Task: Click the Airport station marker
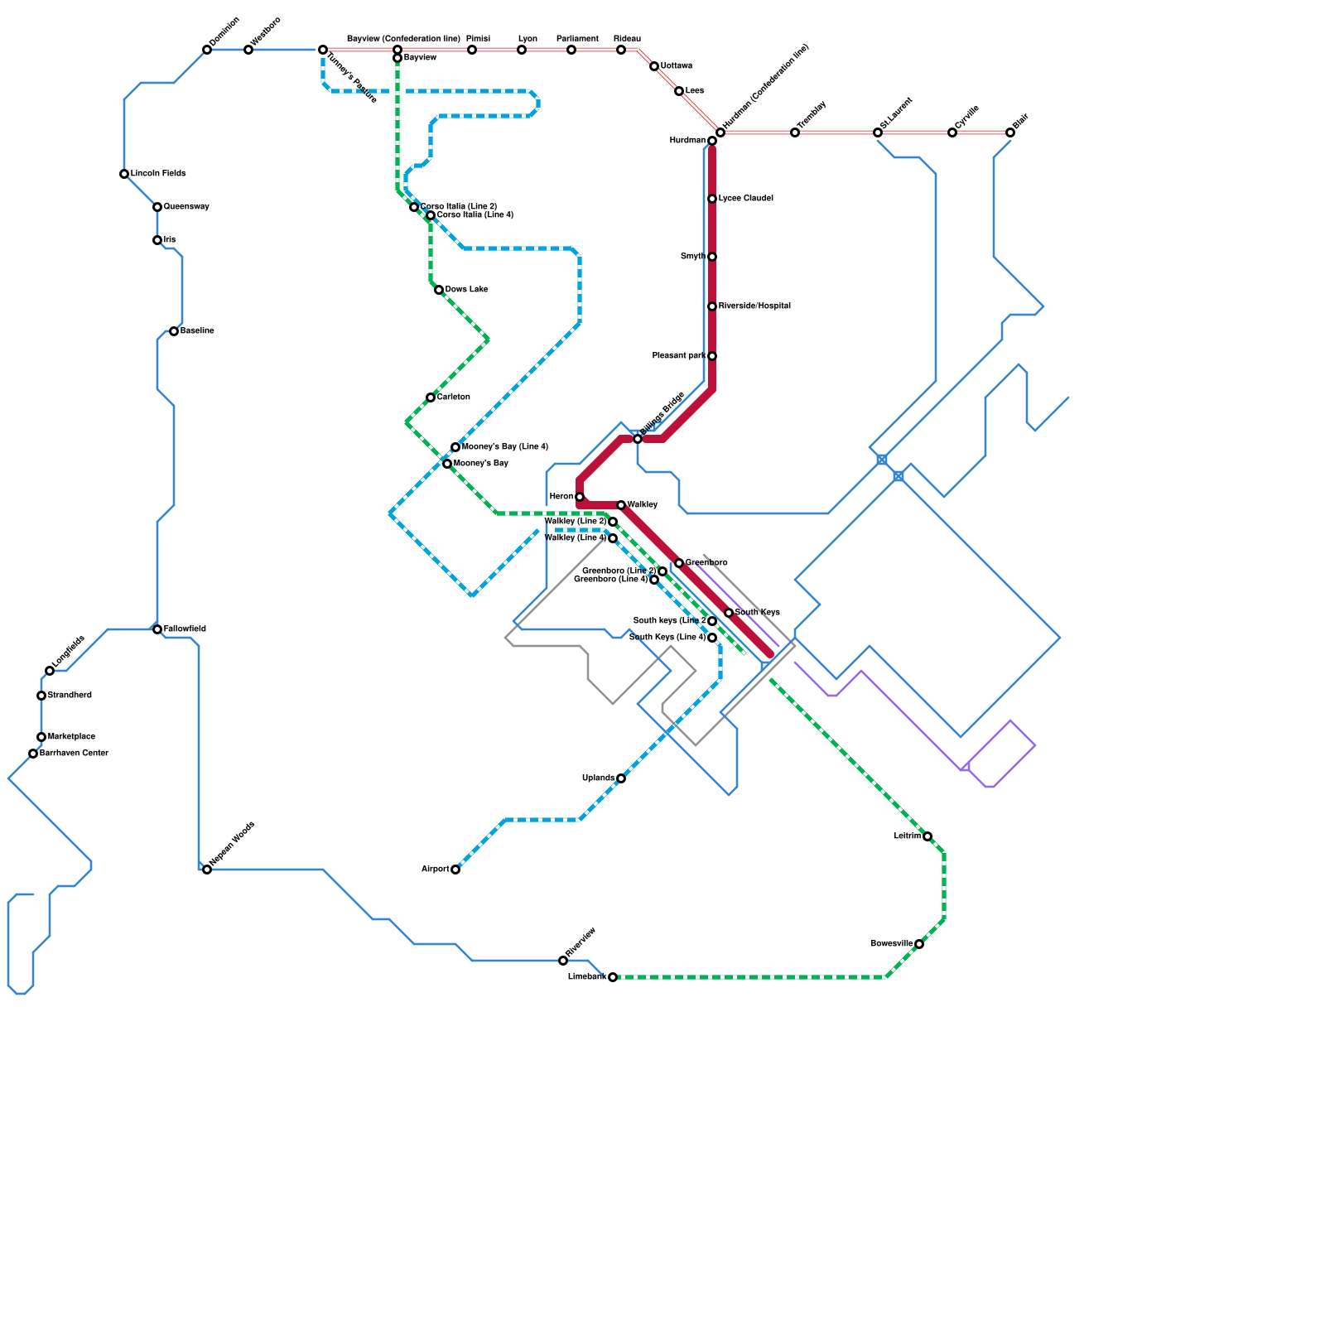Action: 455,870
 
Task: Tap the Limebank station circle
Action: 613,977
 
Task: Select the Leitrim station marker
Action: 927,836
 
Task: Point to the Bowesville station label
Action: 891,944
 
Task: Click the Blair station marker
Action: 1010,132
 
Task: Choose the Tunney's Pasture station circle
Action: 323,50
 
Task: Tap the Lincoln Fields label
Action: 158,174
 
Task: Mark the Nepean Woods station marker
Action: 207,870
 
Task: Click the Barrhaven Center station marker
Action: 33,754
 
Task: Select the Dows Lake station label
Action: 466,290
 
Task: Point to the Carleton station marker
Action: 431,397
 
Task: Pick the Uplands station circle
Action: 621,778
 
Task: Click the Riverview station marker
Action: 563,961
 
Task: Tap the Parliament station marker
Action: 571,50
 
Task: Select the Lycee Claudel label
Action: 745,199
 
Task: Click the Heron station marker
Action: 580,497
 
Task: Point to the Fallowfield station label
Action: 185,629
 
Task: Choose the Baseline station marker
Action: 174,331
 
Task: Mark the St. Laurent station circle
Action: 878,132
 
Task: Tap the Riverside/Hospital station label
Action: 754,306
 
